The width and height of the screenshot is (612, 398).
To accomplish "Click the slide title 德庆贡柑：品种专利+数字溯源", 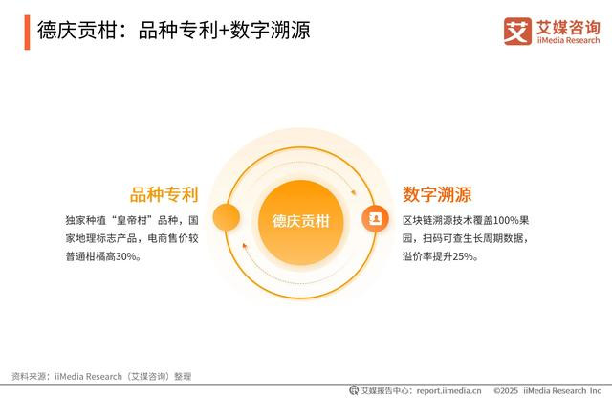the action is pos(174,30).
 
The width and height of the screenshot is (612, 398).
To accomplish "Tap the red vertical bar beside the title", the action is pos(27,33).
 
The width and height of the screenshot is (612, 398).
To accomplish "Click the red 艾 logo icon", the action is pos(517,32).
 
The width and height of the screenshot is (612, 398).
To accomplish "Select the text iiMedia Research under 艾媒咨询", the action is pos(568,40).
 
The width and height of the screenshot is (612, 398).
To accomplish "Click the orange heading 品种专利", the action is pos(164,194).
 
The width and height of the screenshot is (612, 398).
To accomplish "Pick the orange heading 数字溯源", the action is pos(437,194).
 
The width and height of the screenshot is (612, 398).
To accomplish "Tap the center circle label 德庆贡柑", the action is pos(301,221).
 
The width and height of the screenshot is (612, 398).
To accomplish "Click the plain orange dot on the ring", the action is pos(227,217).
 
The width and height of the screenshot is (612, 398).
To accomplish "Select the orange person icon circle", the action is pos(375,218).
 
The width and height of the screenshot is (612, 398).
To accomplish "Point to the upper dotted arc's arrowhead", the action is pos(353,192).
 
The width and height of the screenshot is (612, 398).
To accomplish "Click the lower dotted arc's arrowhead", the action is pos(245,246).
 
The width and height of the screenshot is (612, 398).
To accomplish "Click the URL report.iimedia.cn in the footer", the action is pos(448,390).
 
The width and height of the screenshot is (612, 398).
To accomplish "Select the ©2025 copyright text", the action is pos(506,390).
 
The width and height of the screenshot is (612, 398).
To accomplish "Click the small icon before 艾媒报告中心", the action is pos(354,390).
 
